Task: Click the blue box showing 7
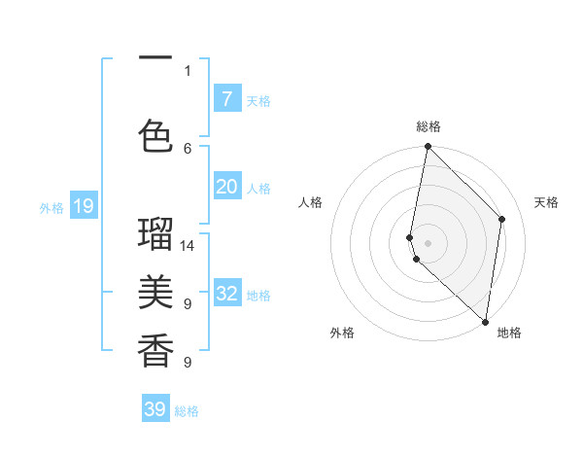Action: click(226, 98)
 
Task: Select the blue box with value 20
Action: click(226, 188)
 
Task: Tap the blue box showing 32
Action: click(226, 294)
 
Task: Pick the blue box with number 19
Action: click(83, 206)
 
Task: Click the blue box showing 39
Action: click(155, 409)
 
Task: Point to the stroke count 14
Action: click(188, 246)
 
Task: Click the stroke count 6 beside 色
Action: click(188, 148)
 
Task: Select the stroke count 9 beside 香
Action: click(188, 363)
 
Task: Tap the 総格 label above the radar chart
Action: click(429, 126)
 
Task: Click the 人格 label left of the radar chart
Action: click(310, 202)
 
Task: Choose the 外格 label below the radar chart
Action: click(342, 334)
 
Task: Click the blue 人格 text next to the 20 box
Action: click(258, 189)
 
